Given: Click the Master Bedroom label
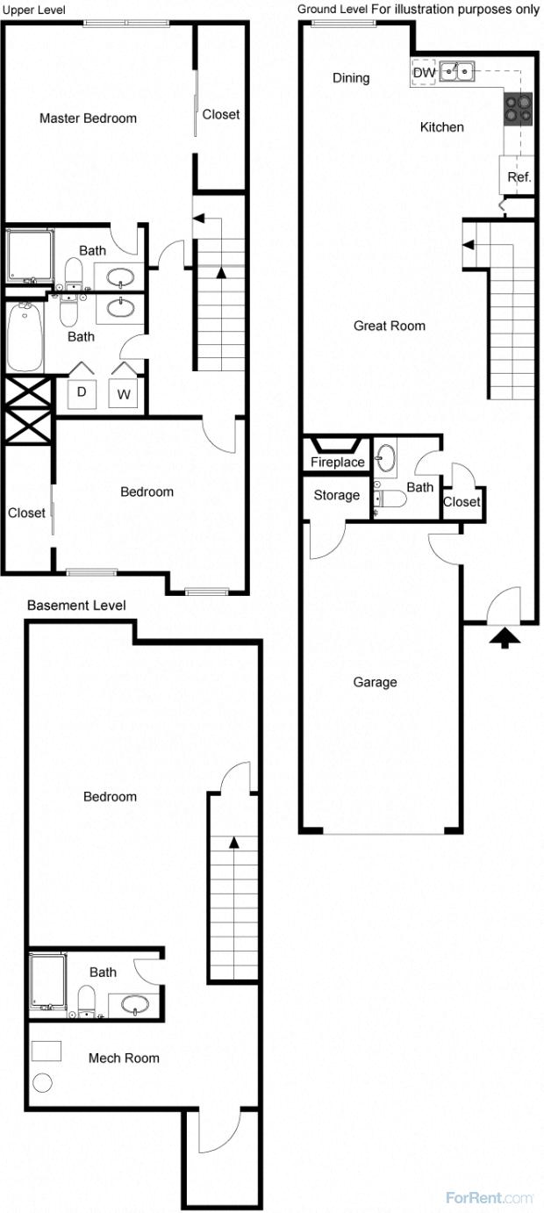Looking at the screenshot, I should pyautogui.click(x=88, y=118).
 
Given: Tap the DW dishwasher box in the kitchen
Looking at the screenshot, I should pyautogui.click(x=423, y=73).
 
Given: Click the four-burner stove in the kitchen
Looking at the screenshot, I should pyautogui.click(x=518, y=106).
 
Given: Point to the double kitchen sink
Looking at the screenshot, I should pyautogui.click(x=456, y=70).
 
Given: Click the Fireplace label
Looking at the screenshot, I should pyautogui.click(x=337, y=463).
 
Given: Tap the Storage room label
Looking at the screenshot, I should pyautogui.click(x=336, y=495).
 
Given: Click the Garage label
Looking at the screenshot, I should pyautogui.click(x=375, y=682).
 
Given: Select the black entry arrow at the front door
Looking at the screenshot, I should pyautogui.click(x=505, y=637).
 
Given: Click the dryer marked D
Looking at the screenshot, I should pyautogui.click(x=82, y=392).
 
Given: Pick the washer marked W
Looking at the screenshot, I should pyautogui.click(x=124, y=394).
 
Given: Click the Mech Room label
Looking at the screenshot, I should pyautogui.click(x=124, y=1058).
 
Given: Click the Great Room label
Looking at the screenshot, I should pyautogui.click(x=389, y=326).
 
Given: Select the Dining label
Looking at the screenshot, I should pyautogui.click(x=351, y=78).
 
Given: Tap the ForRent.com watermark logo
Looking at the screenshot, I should pyautogui.click(x=489, y=1197).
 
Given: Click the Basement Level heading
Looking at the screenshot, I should pyautogui.click(x=76, y=606).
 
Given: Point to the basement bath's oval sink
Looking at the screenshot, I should pyautogui.click(x=134, y=1003).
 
